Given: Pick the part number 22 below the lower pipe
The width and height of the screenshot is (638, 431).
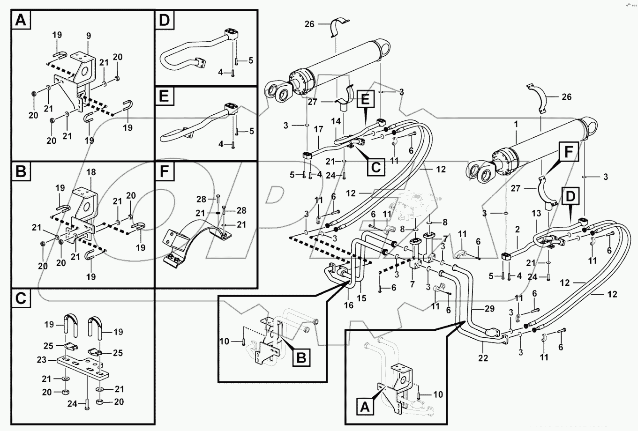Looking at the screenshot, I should click(x=483, y=358).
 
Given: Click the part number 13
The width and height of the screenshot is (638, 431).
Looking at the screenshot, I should click(x=537, y=213).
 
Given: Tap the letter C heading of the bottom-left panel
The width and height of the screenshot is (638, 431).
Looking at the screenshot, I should click(x=20, y=298).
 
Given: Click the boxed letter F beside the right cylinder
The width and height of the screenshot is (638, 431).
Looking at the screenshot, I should click(x=568, y=153).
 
